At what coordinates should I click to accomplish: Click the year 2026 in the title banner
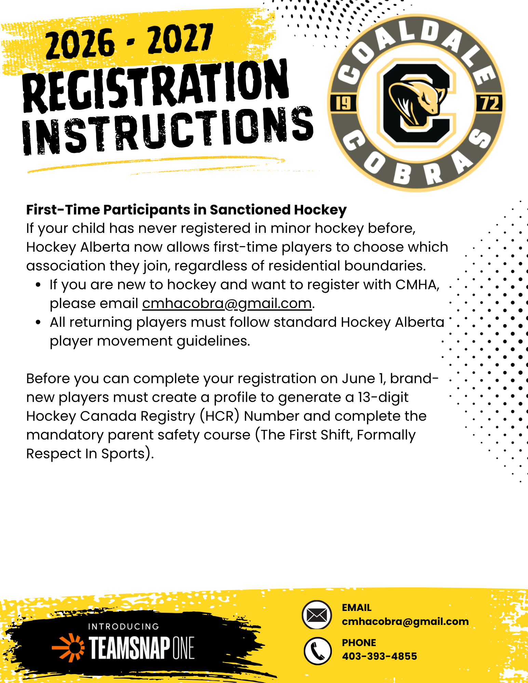(80, 43)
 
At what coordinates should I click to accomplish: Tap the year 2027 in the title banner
(180, 38)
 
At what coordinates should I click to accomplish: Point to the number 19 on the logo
(343, 103)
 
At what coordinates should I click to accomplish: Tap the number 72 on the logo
(490, 103)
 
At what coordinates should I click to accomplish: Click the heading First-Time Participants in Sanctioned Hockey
(186, 210)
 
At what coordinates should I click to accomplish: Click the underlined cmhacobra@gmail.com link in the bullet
(227, 303)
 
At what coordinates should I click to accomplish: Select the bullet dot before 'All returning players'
(38, 322)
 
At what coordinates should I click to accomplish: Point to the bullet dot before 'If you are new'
(38, 284)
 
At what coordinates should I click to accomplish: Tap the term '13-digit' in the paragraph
(383, 398)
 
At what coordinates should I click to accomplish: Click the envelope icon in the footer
(317, 615)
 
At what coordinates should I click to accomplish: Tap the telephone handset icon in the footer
(317, 651)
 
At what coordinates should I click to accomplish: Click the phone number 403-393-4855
(379, 656)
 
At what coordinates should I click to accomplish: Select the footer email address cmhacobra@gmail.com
(405, 622)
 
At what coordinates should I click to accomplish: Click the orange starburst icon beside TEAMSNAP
(69, 647)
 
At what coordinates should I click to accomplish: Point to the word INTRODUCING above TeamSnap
(123, 626)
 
